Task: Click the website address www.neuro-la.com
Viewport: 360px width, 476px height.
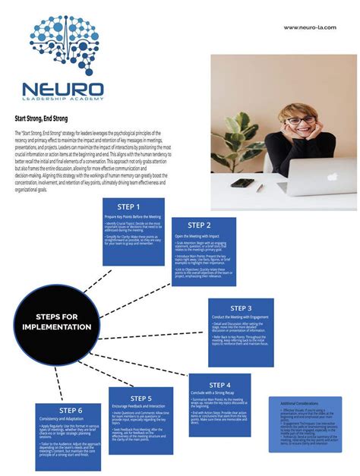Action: click(x=311, y=28)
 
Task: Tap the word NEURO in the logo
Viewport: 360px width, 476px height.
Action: click(x=63, y=90)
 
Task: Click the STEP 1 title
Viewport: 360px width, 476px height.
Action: click(x=128, y=206)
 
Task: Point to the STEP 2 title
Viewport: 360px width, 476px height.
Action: click(x=199, y=225)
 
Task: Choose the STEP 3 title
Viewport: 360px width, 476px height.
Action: click(x=240, y=308)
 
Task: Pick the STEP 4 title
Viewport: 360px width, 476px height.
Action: click(x=219, y=385)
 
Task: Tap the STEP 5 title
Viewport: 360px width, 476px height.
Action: click(x=141, y=398)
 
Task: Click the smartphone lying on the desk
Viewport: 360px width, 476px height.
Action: click(x=242, y=183)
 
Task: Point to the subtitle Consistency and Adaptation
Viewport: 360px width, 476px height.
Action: click(x=61, y=419)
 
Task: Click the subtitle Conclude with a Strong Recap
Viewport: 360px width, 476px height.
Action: click(x=216, y=392)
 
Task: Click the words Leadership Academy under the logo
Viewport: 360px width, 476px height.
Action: click(x=63, y=99)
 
